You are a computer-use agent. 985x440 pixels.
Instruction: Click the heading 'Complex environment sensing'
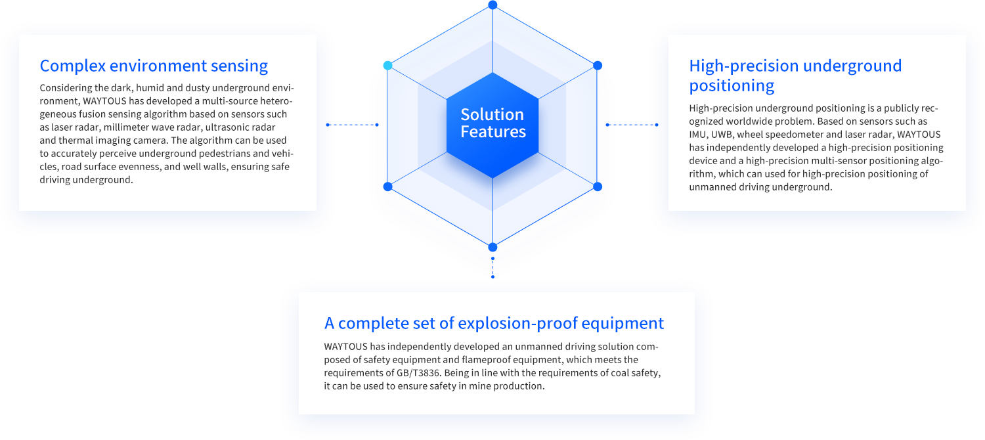click(154, 66)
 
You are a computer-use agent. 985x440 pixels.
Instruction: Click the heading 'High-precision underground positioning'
click(795, 76)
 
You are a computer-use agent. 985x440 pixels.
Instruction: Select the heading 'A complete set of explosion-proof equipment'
click(494, 323)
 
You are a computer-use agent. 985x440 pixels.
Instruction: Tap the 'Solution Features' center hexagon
click(492, 125)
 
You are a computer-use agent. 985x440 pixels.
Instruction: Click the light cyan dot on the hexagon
click(387, 66)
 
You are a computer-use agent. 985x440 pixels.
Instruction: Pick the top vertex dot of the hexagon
click(492, 5)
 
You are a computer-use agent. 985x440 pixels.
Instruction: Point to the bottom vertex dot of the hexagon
click(492, 247)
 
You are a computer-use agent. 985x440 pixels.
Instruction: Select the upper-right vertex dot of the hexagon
click(598, 66)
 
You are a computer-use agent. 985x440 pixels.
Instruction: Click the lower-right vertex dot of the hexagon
click(598, 187)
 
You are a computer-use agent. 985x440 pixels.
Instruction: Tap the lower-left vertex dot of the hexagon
click(387, 187)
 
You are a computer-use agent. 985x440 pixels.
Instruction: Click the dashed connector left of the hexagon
click(352, 125)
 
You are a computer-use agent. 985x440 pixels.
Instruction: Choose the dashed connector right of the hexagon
click(632, 125)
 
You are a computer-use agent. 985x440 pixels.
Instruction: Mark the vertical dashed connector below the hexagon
click(492, 268)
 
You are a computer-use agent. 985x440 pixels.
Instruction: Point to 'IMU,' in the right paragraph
click(699, 135)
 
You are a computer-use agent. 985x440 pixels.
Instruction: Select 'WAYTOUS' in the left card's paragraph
click(104, 101)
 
